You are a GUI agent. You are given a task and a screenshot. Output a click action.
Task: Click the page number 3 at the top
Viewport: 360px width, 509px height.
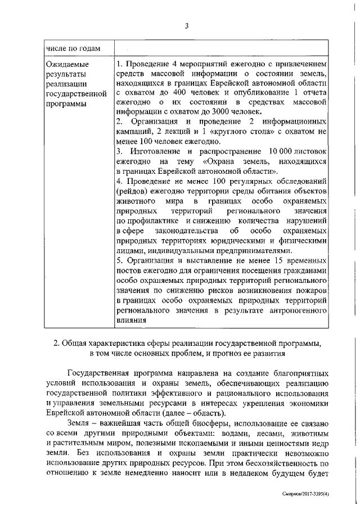pyautogui.click(x=184, y=24)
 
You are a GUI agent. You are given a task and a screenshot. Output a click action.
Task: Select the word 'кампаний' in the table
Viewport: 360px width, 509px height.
pyautogui.click(x=134, y=132)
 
